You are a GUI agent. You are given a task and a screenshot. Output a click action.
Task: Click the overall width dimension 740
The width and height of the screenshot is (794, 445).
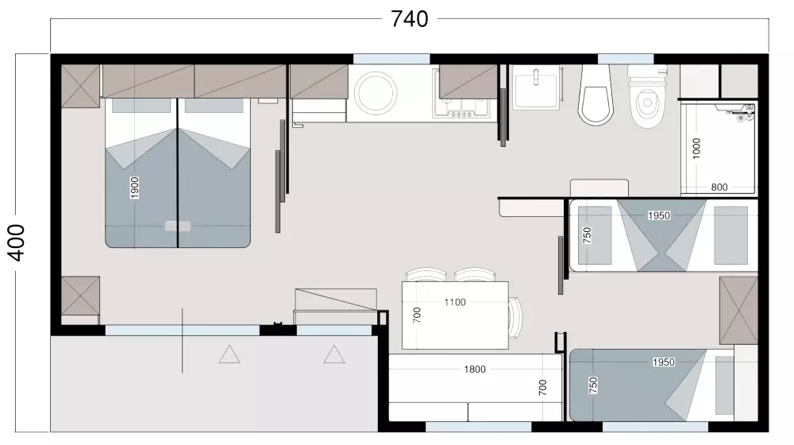[x=409, y=19]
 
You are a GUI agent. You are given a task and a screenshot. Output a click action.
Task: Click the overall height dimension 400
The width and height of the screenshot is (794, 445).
[x=17, y=243]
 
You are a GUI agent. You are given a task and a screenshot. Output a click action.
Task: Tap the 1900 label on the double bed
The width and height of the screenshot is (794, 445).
[x=134, y=188]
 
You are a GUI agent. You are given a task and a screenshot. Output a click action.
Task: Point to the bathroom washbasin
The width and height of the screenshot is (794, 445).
[x=536, y=87]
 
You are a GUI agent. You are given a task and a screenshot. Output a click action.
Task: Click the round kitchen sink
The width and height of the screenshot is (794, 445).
[x=376, y=95]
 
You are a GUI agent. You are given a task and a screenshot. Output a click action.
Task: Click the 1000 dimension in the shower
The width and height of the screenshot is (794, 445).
[x=696, y=149]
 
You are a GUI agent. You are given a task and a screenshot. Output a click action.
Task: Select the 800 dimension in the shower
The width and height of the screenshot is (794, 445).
[x=719, y=187]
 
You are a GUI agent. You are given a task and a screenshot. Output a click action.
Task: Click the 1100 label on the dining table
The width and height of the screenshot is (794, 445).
[x=455, y=302]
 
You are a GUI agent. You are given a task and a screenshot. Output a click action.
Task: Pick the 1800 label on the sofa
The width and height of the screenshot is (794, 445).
[x=475, y=370]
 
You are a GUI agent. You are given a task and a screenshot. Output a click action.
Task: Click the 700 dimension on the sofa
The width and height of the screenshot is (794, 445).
[x=543, y=387]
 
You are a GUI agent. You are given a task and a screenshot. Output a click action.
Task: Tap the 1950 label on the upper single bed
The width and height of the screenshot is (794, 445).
[x=659, y=215]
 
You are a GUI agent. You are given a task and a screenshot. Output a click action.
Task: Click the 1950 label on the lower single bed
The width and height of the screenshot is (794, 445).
[x=663, y=362]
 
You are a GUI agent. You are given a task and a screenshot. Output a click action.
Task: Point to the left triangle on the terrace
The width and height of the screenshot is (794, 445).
[x=229, y=354]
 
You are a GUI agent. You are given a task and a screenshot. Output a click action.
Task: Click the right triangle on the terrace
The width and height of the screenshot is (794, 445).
[x=334, y=354]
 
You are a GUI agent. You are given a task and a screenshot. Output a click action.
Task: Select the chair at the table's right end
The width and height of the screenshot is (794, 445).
[x=515, y=318]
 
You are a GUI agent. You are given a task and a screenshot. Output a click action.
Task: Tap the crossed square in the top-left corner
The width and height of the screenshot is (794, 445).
[x=80, y=86]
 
